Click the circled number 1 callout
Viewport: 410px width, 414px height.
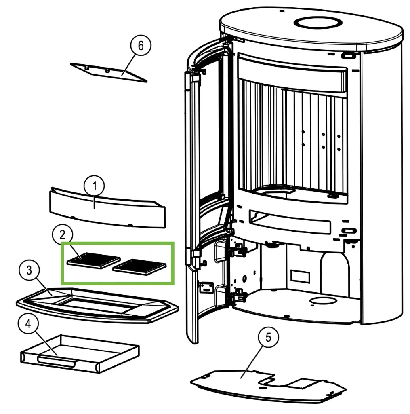click(x=95, y=186)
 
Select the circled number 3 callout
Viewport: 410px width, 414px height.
click(x=29, y=270)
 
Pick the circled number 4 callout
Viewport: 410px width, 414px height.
click(x=27, y=324)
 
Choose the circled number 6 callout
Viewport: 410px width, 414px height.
click(x=141, y=46)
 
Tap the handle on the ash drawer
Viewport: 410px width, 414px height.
click(x=56, y=361)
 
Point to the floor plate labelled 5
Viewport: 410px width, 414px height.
click(x=242, y=384)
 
